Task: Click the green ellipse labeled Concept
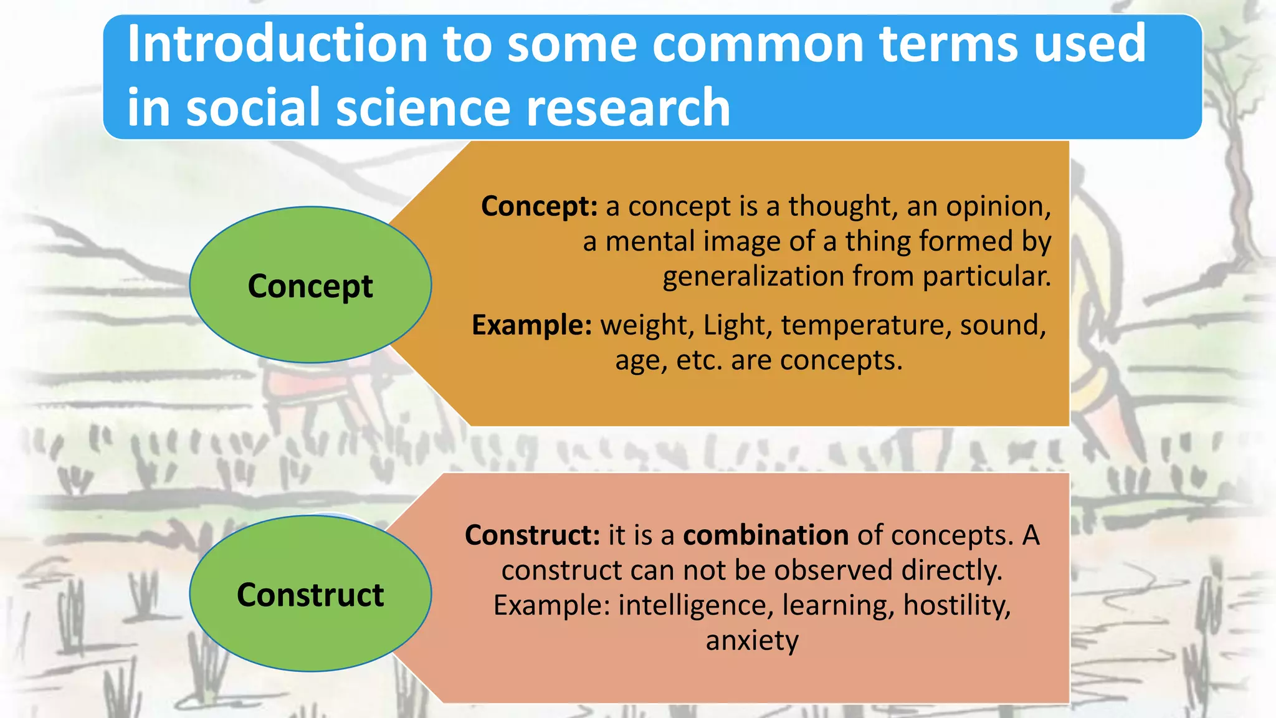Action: pyautogui.click(x=310, y=285)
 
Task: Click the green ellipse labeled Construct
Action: pyautogui.click(x=310, y=594)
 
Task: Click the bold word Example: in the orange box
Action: pyautogui.click(x=531, y=325)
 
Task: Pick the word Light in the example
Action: pyautogui.click(x=734, y=325)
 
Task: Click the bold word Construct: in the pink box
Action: pyautogui.click(x=532, y=535)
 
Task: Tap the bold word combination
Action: pyautogui.click(x=766, y=535)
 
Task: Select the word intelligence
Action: pyautogui.click(x=696, y=606)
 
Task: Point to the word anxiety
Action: pyautogui.click(x=752, y=641)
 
